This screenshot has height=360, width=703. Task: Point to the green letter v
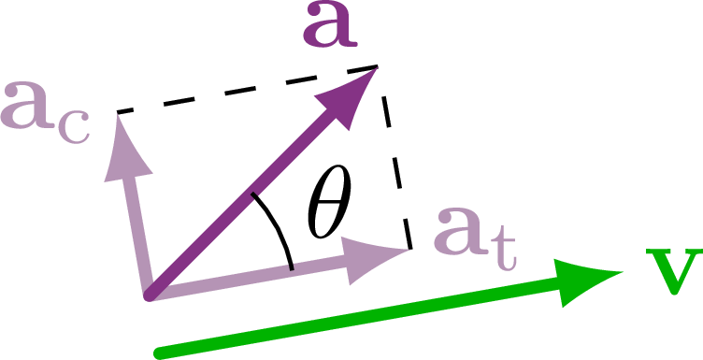pos(672,272)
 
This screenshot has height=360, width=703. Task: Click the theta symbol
pos(327,214)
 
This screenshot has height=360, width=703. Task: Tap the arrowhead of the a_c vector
pos(127,145)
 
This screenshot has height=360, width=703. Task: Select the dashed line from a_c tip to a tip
pos(247,90)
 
